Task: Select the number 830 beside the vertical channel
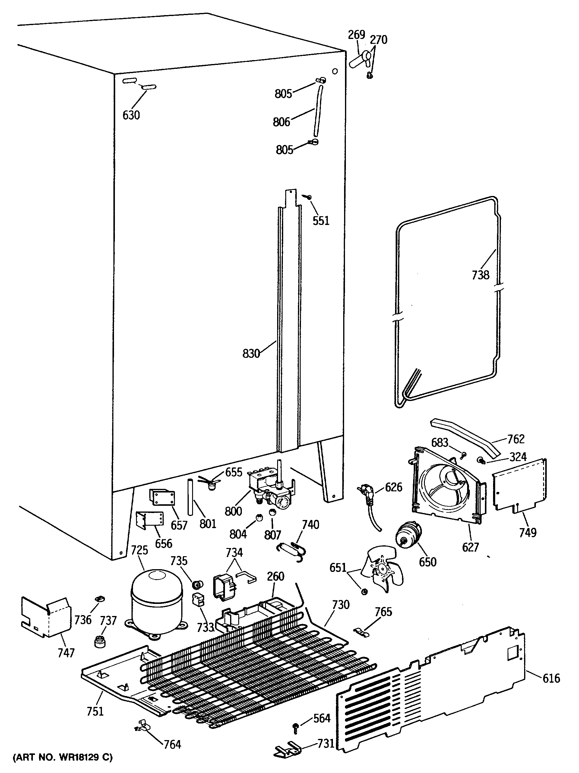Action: [x=251, y=354]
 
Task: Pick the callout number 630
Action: [x=131, y=115]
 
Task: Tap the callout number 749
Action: [x=527, y=532]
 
